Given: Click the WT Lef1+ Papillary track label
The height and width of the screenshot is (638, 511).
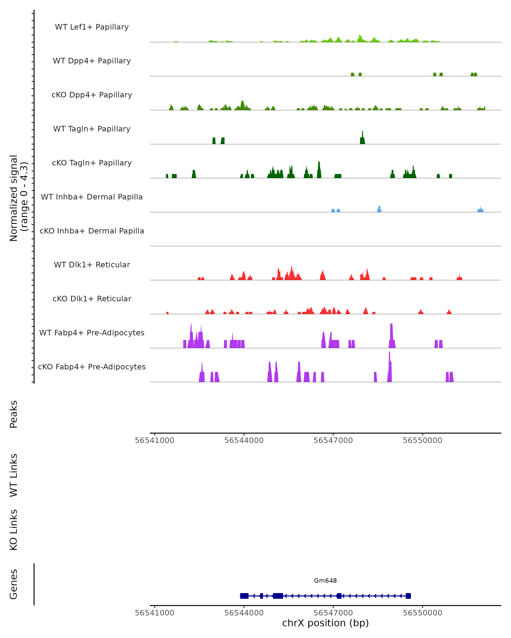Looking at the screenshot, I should [92, 27].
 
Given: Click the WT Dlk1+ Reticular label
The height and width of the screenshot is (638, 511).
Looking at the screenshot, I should [92, 265].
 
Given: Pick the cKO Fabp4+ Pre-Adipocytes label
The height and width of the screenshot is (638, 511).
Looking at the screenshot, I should [92, 367].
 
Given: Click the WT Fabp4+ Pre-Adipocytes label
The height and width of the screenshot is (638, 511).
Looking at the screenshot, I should [92, 333].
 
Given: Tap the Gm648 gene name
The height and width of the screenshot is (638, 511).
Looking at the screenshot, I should [325, 581].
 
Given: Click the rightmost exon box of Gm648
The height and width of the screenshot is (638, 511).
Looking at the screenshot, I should [408, 596].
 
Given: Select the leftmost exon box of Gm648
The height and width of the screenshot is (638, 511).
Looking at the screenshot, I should [244, 596].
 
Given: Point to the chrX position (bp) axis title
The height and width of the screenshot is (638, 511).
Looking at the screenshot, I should [325, 623].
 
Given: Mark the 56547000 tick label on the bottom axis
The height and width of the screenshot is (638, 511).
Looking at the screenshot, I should [333, 613].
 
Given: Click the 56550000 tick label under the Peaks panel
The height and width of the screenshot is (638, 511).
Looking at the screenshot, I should [422, 440].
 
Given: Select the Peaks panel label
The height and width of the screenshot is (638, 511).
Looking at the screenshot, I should [14, 414].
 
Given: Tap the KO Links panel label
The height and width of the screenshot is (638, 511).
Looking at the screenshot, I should [14, 530].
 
